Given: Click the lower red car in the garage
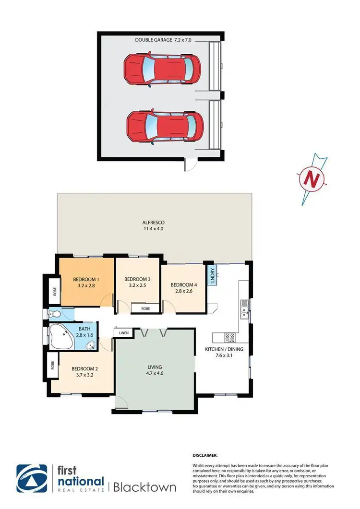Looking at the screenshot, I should [161, 127].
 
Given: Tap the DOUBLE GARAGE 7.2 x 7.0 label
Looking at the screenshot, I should [163, 41].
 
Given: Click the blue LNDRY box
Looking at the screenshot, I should [212, 275].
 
